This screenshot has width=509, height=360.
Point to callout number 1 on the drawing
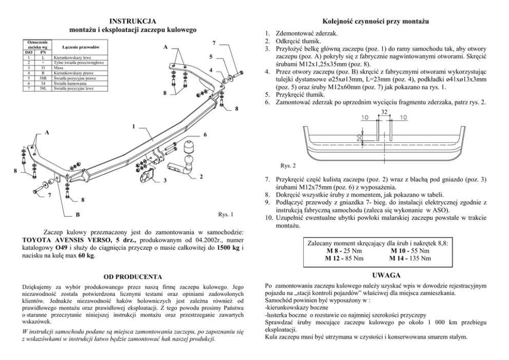pos(133,126)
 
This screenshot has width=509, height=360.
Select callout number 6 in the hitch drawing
pos(205,135)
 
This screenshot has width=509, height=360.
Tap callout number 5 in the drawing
pos(211,56)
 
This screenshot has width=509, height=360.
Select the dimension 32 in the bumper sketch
pos(383,111)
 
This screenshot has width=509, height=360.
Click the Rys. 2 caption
pos(288,166)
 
